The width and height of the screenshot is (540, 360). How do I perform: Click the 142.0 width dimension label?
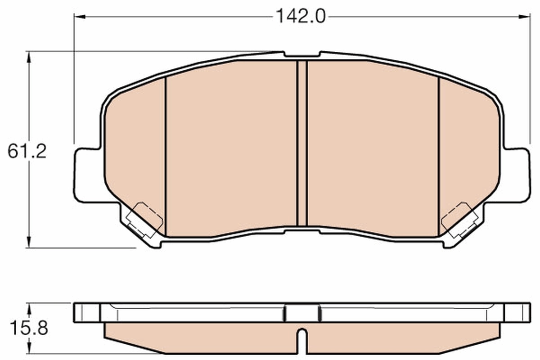[300, 17]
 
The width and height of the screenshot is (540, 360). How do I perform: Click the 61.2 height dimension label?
[27, 152]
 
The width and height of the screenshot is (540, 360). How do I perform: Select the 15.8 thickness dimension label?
[27, 328]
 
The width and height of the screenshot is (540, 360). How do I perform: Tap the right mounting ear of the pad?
[516, 175]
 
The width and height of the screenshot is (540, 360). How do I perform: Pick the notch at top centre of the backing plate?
[302, 55]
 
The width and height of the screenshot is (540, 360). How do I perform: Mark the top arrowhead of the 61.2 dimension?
[30, 56]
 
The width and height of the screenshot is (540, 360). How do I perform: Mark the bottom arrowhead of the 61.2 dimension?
[30, 243]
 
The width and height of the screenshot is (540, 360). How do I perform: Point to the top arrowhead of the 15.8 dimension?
[30, 307]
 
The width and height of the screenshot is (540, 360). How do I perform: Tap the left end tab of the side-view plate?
[87, 312]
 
